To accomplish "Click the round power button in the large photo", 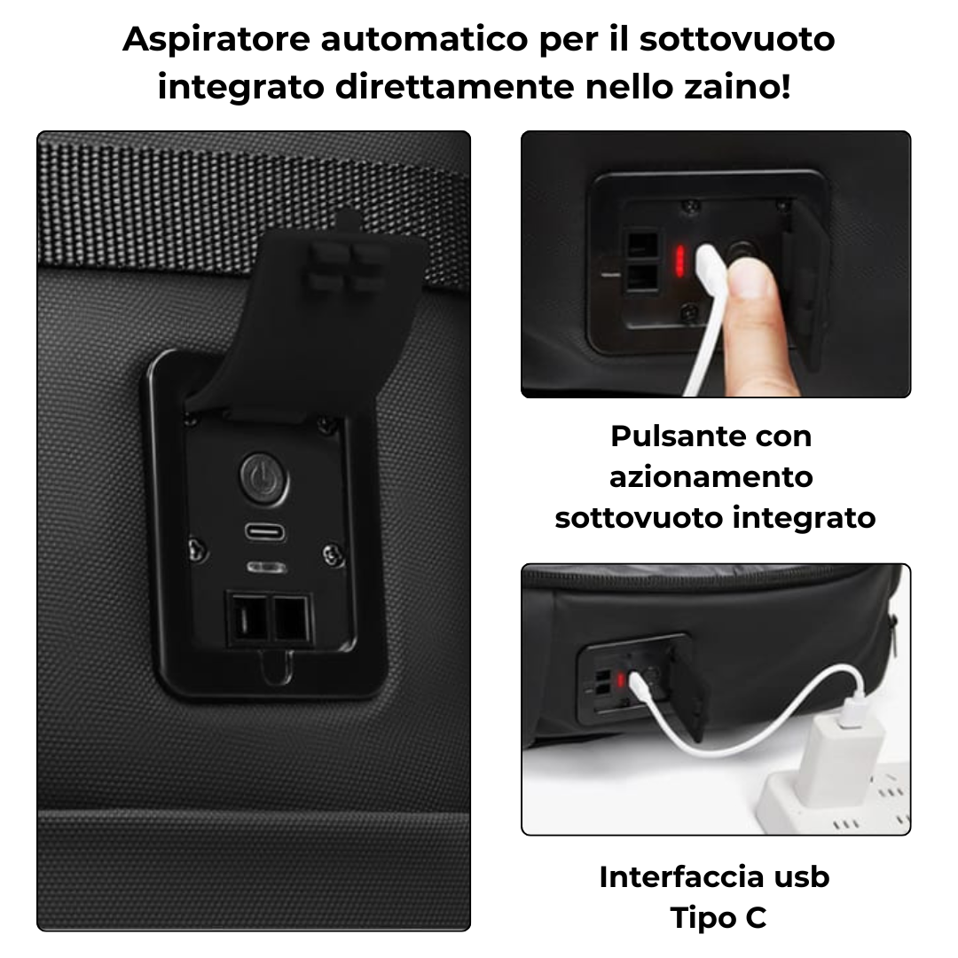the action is click(x=264, y=479).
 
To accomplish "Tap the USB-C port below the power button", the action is click(x=265, y=531).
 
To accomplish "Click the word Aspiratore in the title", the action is click(x=216, y=40).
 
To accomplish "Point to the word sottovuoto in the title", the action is click(x=737, y=39).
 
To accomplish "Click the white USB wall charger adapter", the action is click(x=844, y=752).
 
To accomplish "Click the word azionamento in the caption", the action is click(x=711, y=476).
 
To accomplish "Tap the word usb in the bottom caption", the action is click(x=802, y=876).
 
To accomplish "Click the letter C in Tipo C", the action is click(x=756, y=918).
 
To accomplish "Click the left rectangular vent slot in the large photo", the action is click(x=247, y=619).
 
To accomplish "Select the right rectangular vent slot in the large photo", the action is click(x=292, y=619).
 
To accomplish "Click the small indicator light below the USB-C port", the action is click(x=266, y=568).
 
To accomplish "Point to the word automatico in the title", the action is click(x=425, y=39).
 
